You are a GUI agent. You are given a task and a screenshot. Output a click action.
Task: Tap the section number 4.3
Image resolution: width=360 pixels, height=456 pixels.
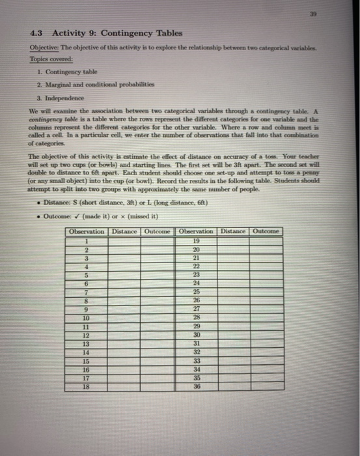[x=38, y=33]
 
